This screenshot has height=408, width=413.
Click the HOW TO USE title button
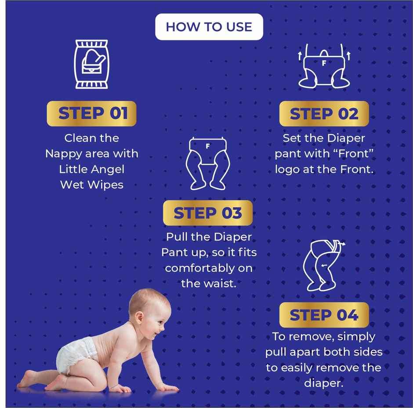coord(209,27)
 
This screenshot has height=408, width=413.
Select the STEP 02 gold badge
coord(324,114)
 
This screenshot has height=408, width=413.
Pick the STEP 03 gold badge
coord(208,213)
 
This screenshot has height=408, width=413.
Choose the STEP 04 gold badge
coord(324,315)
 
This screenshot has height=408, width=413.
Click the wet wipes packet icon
coord(91,64)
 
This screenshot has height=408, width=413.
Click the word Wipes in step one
coord(108,185)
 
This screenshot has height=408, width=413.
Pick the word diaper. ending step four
coord(323,383)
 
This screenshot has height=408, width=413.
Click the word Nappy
coord(64,154)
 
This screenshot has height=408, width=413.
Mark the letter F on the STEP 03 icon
coord(208,146)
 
